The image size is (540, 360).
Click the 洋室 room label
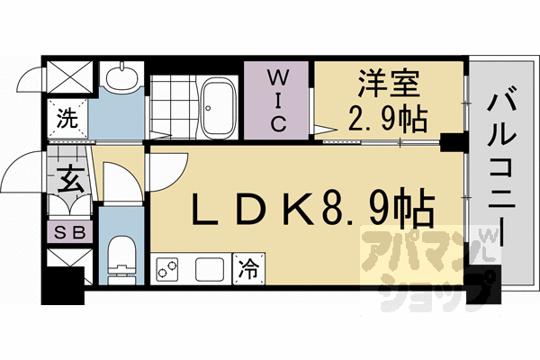387,86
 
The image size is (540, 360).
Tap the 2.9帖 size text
388,118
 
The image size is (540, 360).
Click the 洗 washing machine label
67,116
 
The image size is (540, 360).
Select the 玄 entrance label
72,179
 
